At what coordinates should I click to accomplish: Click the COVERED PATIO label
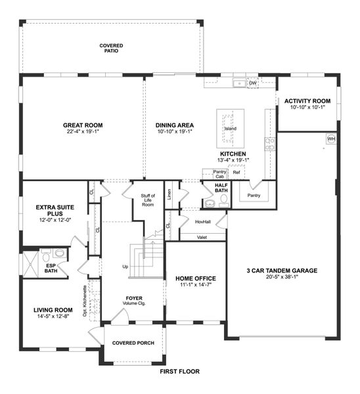point(111,48)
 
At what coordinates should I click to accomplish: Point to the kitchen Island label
point(231,129)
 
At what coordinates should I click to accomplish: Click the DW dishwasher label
point(252,83)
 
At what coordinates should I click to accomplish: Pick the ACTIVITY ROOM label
point(307,101)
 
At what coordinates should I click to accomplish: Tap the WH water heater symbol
point(331,139)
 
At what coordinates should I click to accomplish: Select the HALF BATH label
point(221,188)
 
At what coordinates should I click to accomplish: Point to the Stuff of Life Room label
point(147,200)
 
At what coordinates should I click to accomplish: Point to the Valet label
point(202,236)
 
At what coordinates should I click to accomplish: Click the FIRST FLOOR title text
point(179,371)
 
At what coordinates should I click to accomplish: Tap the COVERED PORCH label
point(133,343)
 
